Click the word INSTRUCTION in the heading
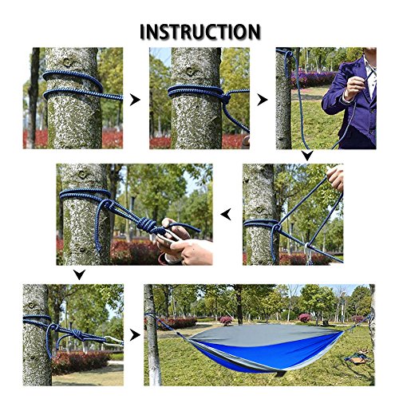click(x=199, y=32)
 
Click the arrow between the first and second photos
click(x=135, y=100)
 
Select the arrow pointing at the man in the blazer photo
click(x=262, y=100)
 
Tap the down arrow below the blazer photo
click(x=306, y=156)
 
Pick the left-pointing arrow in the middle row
click(x=227, y=214)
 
